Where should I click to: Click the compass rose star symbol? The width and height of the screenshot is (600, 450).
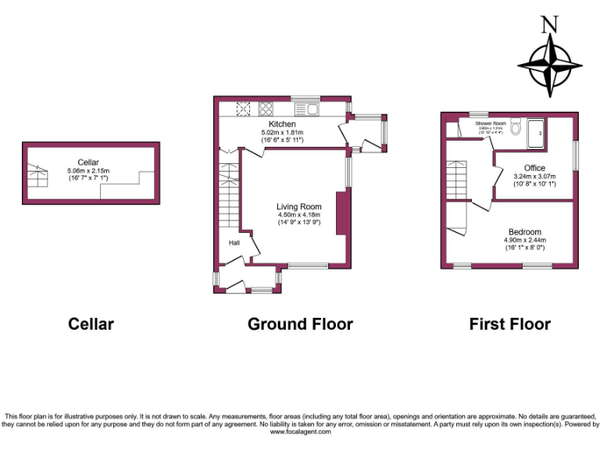[x=552, y=66]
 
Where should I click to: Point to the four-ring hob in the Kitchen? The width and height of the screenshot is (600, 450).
[x=266, y=109]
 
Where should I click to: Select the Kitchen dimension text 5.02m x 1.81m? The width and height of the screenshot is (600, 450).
[x=282, y=133]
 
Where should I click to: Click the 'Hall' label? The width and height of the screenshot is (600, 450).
[x=234, y=243]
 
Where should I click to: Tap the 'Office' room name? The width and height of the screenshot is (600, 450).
[x=534, y=168]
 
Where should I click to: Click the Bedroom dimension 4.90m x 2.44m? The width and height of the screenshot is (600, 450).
[x=525, y=241]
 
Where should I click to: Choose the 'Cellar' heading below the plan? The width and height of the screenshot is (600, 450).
[x=91, y=323]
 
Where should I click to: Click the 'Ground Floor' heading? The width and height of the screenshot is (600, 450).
[x=300, y=323]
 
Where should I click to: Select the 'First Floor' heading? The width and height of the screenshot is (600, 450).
[x=509, y=323]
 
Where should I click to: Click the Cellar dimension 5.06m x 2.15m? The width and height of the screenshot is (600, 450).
[x=88, y=170]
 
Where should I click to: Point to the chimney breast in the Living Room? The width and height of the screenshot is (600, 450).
[x=341, y=212]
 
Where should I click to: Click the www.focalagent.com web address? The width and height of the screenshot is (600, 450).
[x=300, y=431]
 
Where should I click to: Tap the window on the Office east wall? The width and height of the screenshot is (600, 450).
[x=577, y=155]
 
